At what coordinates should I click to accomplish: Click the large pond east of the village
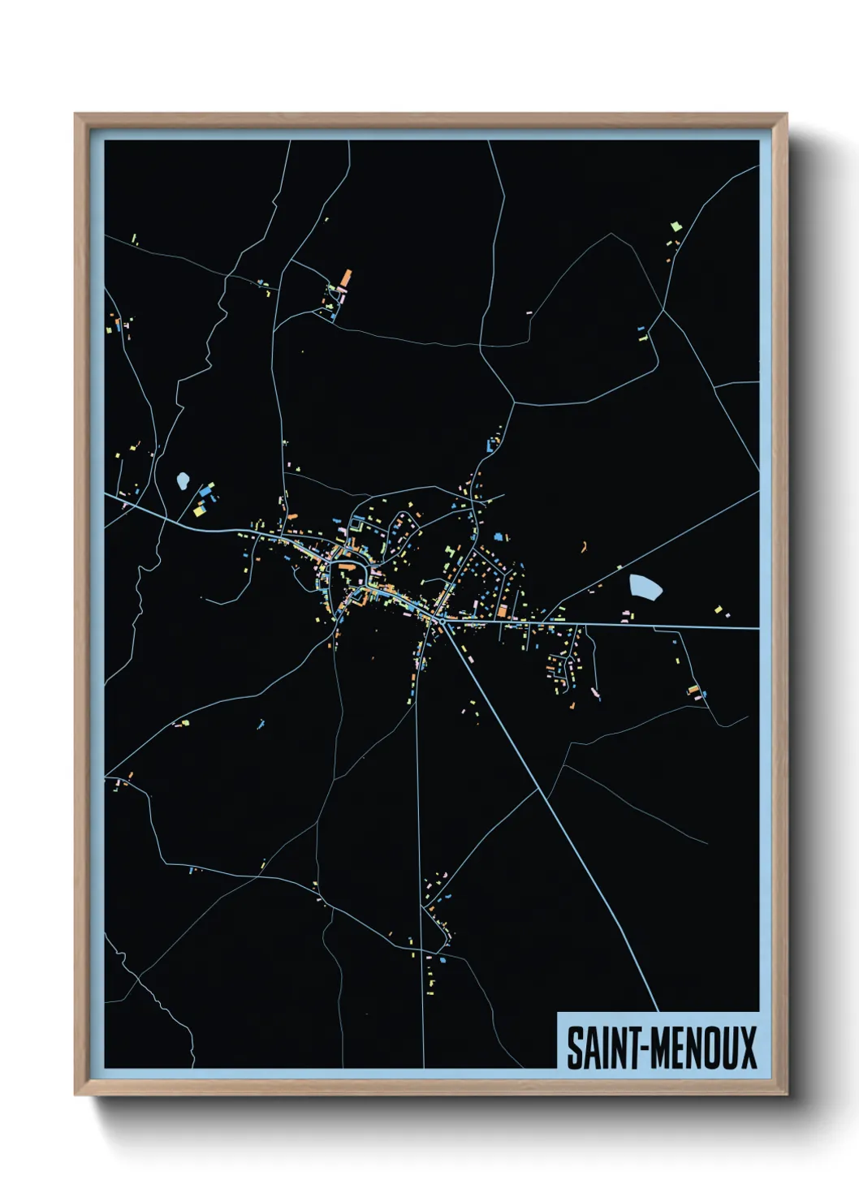645,586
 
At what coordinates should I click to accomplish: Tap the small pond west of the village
183,481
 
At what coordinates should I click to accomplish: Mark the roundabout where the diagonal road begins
439,621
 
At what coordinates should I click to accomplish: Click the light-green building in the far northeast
673,226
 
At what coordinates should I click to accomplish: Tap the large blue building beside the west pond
207,490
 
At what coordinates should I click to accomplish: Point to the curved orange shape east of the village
584,547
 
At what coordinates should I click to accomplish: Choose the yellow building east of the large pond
718,609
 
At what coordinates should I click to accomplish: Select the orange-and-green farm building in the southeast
693,691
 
